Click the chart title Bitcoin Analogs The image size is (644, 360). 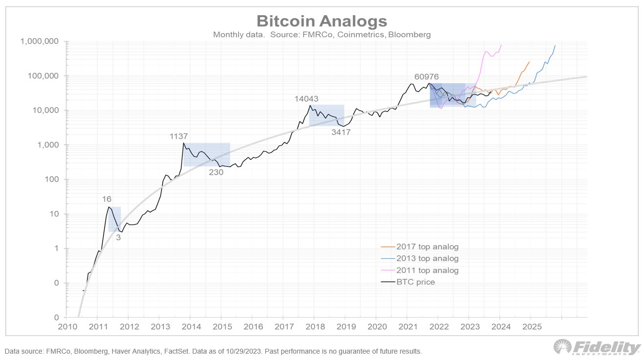(322, 21)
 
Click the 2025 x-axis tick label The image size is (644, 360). (531, 326)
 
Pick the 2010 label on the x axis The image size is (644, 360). (66, 326)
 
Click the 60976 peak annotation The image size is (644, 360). (426, 77)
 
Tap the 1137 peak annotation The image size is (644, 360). (178, 136)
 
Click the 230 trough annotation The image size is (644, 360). (216, 172)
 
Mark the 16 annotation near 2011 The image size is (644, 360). (107, 199)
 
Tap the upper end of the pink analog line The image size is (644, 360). (501, 45)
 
